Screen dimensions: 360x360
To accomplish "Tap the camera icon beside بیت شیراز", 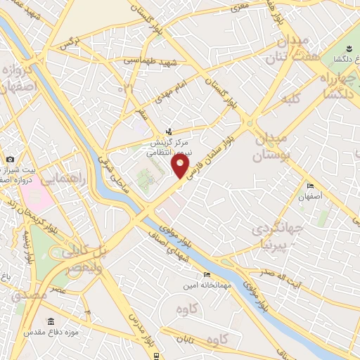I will click(11, 160).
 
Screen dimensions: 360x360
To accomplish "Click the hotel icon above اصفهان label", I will click(310, 186).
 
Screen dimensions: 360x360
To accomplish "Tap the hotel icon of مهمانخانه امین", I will click(207, 274).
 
